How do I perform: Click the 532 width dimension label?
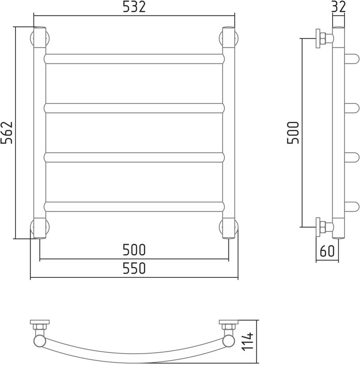point(134,7)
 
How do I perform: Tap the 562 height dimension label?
point(6,133)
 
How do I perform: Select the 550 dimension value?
point(134,268)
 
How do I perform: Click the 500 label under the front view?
point(134,250)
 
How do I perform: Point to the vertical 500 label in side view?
point(293,133)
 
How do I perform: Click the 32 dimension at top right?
point(339,7)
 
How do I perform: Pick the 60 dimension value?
point(327,251)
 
